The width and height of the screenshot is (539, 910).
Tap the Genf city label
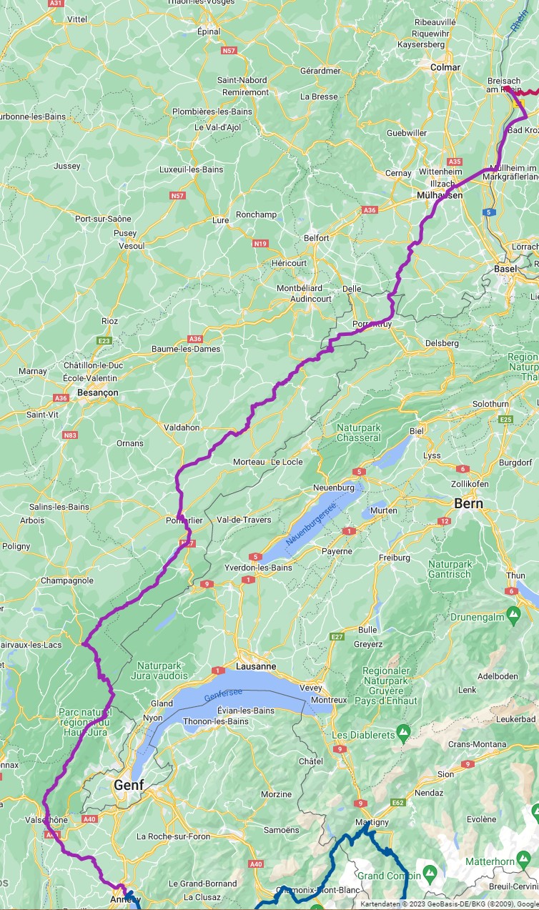coord(129,785)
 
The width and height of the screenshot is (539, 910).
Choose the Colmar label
coord(445,66)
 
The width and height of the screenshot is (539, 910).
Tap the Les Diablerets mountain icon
coord(404,733)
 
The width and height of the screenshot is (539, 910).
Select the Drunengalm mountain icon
coord(513,614)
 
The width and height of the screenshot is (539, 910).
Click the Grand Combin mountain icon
coord(430,874)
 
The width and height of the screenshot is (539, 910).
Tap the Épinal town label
coord(209,31)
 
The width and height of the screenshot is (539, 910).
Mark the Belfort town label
coord(317,237)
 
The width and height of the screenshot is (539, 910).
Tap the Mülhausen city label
coord(439,194)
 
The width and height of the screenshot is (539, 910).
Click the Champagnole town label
coord(67,580)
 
